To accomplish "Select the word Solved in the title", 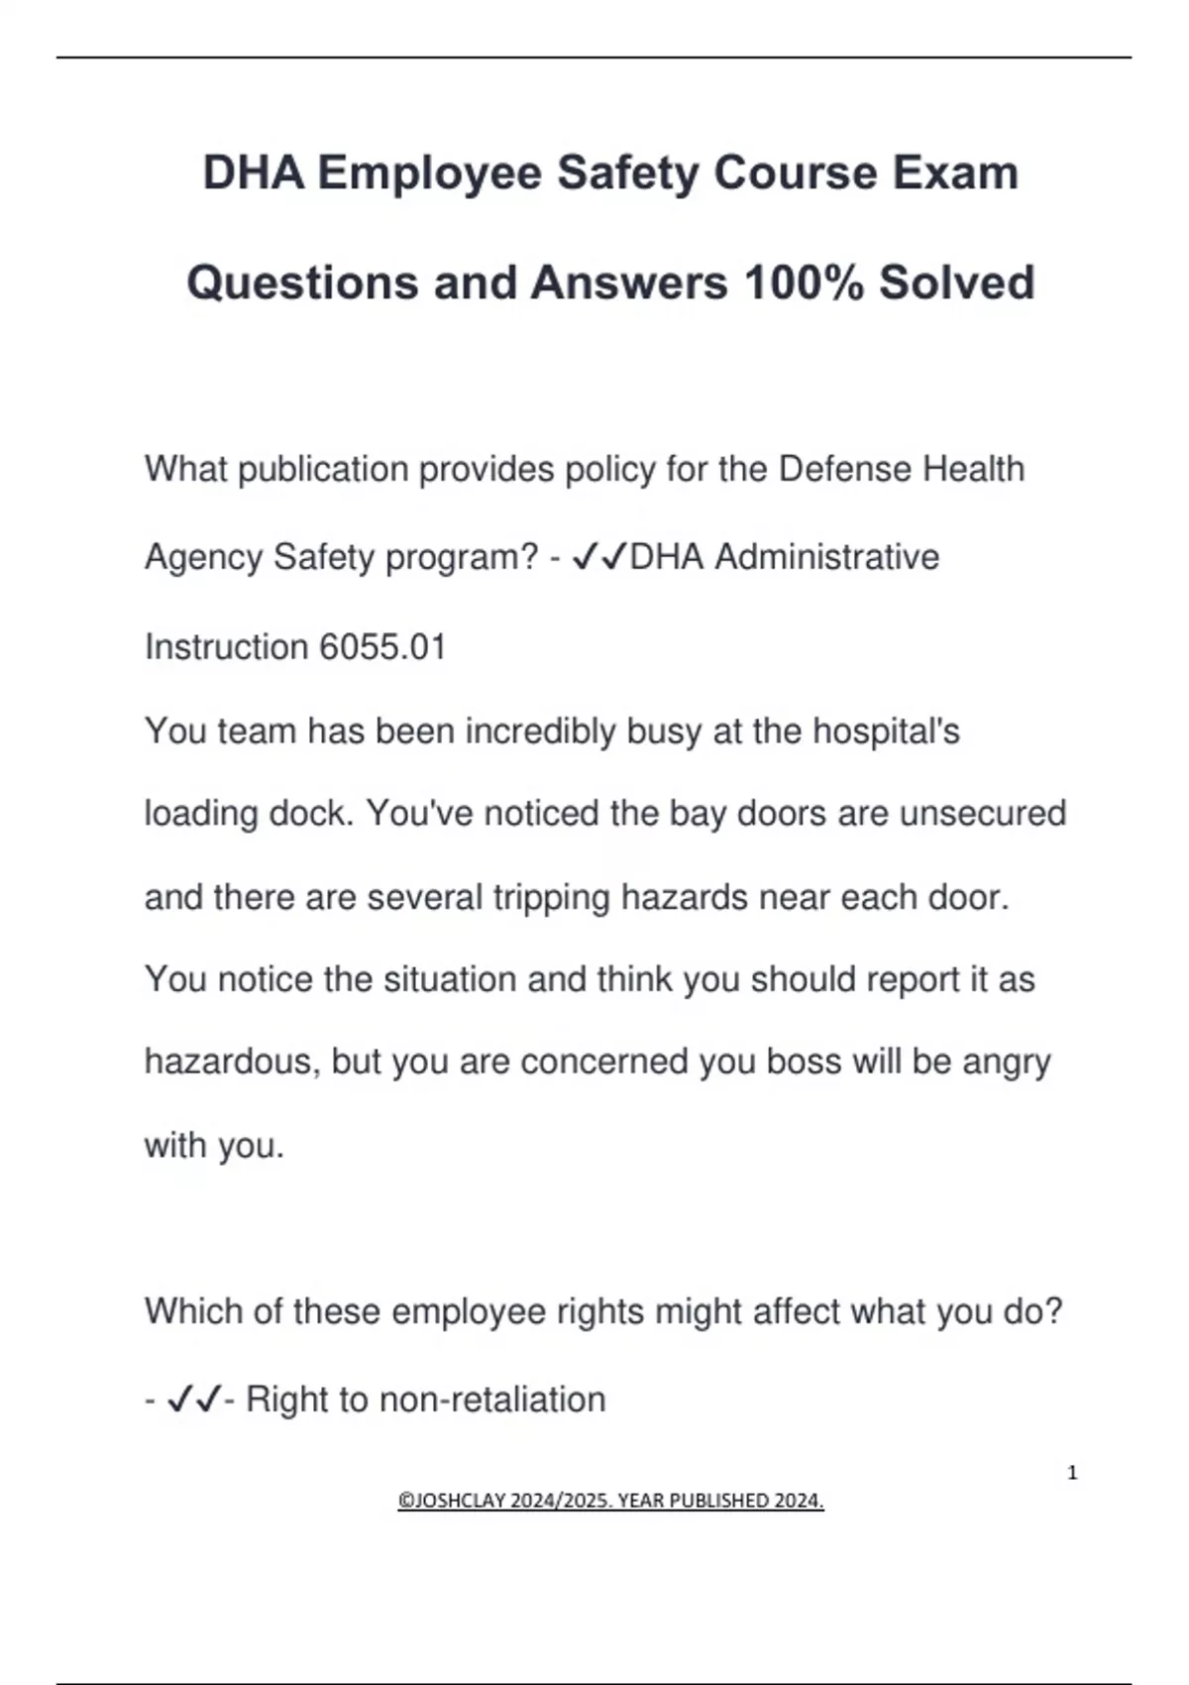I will click(x=956, y=282).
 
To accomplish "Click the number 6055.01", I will click(x=382, y=647).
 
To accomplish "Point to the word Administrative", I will click(x=826, y=557).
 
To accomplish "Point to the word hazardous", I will click(x=232, y=1062).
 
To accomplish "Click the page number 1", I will click(x=1072, y=1473).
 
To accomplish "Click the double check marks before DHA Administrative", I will click(x=599, y=557).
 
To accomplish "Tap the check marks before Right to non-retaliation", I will click(x=194, y=1400).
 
